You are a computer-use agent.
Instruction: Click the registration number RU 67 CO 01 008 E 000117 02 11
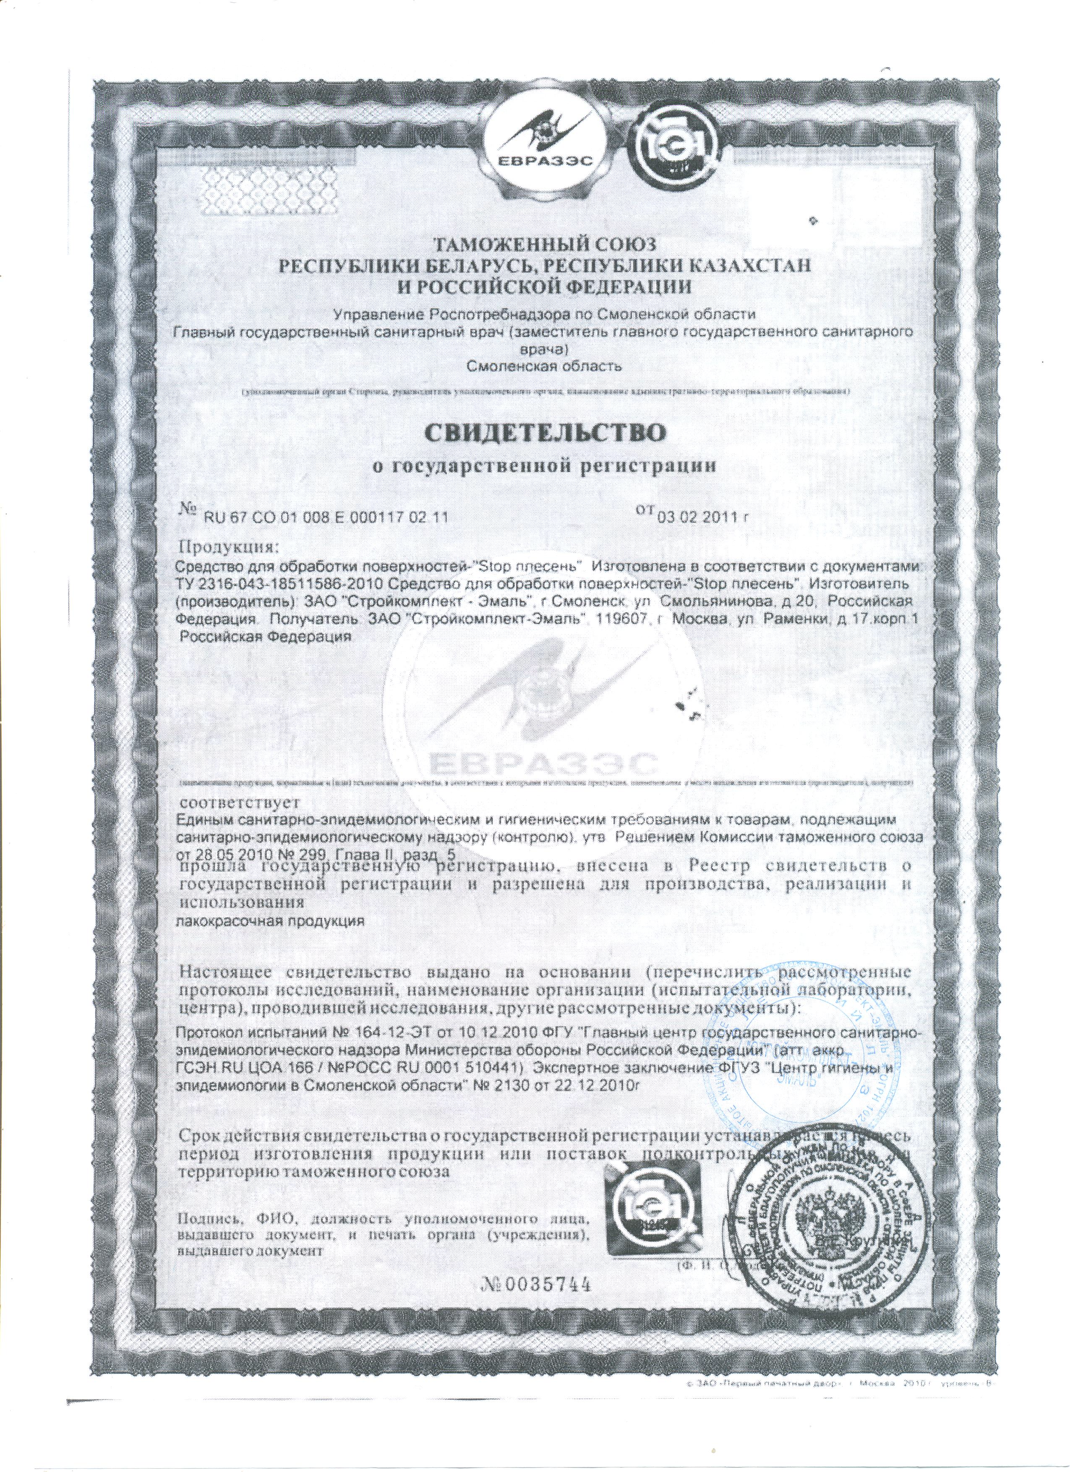(x=326, y=517)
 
